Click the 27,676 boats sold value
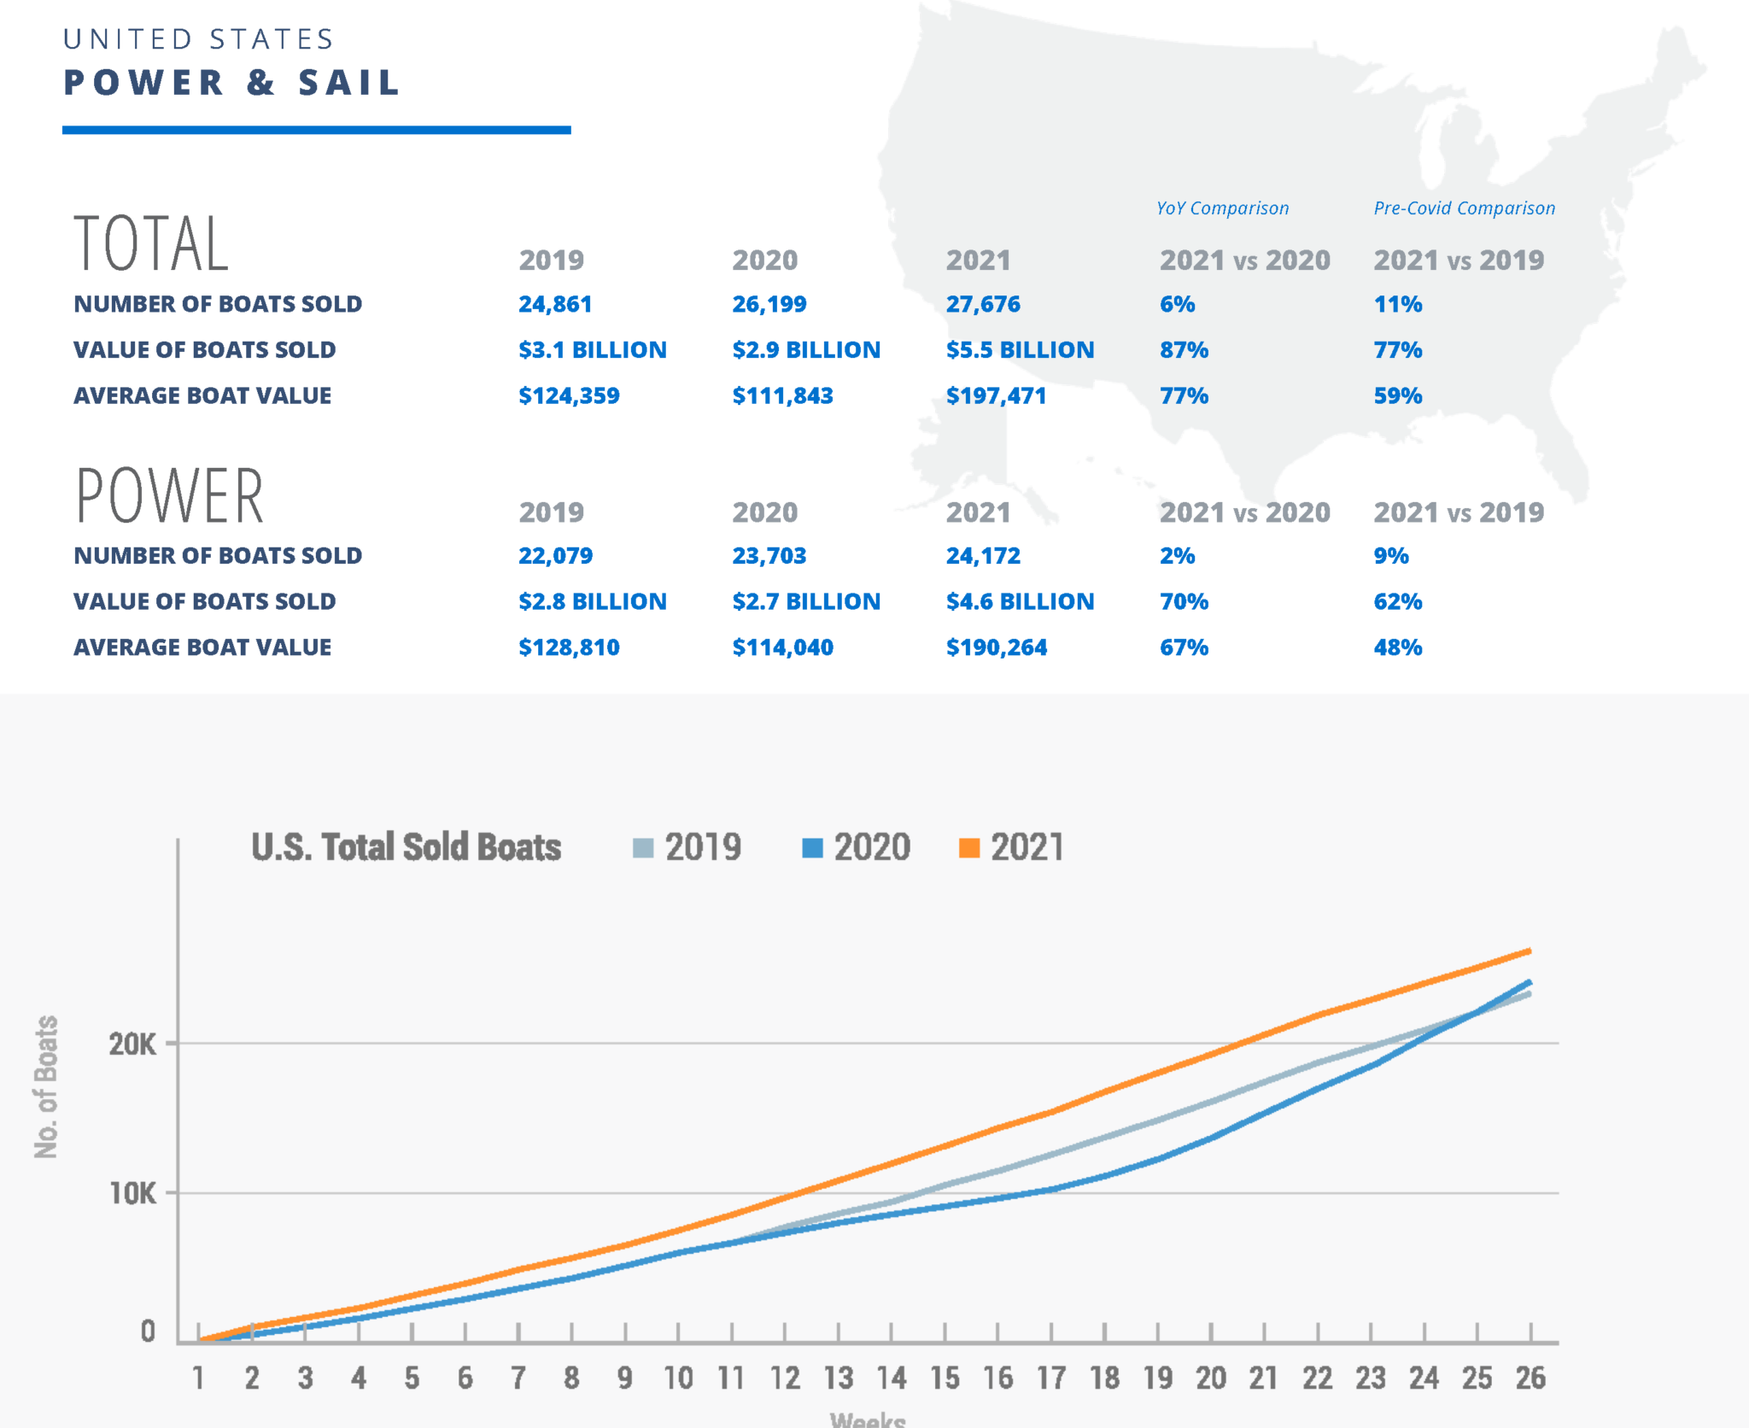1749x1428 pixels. (982, 304)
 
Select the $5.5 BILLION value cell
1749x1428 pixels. (1020, 350)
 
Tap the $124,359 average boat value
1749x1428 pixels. (569, 396)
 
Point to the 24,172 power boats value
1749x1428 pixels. (982, 556)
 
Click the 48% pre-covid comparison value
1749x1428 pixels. (1397, 647)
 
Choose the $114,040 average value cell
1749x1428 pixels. (782, 647)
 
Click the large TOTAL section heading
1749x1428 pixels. (151, 244)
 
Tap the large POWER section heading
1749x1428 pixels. (170, 496)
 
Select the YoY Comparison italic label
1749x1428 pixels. (1222, 208)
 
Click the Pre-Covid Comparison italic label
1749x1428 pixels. (1464, 208)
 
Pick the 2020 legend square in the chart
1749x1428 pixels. (812, 848)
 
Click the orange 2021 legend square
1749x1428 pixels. (969, 848)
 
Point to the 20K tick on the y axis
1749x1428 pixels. (132, 1044)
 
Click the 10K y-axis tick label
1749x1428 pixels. (132, 1193)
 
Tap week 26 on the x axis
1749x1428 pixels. (1530, 1378)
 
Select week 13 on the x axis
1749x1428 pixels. (838, 1378)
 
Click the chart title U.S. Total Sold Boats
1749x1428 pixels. (407, 847)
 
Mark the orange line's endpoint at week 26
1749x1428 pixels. (1529, 951)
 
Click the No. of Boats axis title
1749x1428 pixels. (46, 1086)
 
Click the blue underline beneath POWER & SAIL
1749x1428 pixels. (316, 130)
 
